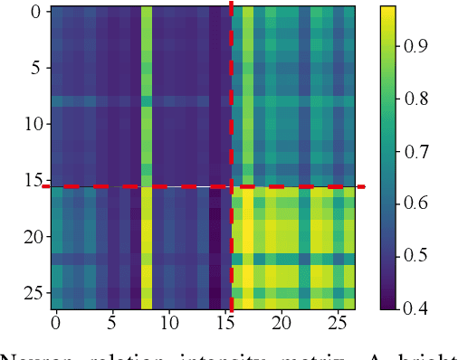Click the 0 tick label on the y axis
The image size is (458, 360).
click(35, 13)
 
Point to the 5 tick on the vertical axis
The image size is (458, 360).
click(35, 69)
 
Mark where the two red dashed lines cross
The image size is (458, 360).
click(231, 186)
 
